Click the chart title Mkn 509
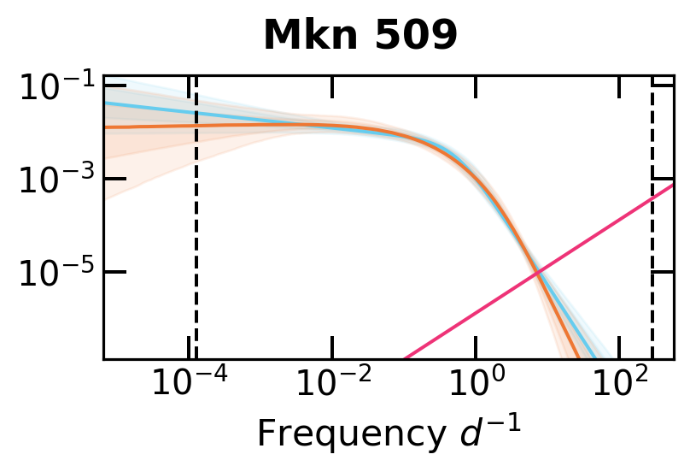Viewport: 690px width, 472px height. [x=360, y=36]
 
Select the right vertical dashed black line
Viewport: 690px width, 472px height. [x=652, y=257]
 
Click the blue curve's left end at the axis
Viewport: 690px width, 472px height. [x=106, y=103]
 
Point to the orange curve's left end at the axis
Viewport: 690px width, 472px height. [x=106, y=127]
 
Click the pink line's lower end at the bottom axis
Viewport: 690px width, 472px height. [x=405, y=357]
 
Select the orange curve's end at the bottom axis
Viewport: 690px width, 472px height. [x=579, y=357]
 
